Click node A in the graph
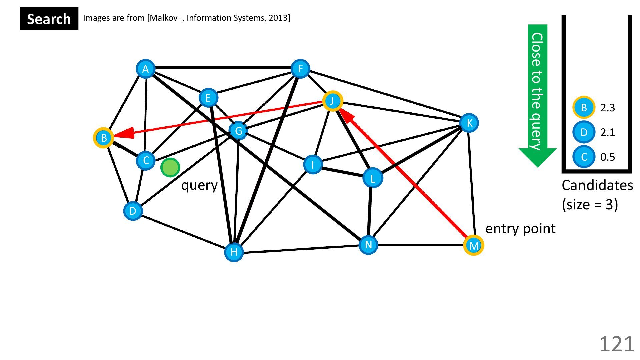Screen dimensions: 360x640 tap(145, 69)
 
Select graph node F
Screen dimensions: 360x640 tap(300, 69)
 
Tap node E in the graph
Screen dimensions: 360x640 tap(208, 98)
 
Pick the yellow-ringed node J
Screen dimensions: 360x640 tap(332, 101)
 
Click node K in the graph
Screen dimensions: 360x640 tap(469, 123)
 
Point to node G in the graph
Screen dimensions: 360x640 tap(238, 131)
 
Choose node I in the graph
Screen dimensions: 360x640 tap(313, 164)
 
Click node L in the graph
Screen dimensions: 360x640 tap(372, 178)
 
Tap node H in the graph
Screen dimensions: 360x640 tap(234, 252)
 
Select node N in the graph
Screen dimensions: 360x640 tap(368, 245)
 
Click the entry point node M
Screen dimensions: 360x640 tap(473, 246)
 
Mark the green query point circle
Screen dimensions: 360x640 tap(170, 167)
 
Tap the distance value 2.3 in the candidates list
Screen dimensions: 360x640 tap(607, 108)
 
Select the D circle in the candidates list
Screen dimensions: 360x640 tap(584, 132)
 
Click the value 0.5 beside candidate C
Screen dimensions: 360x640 tap(607, 157)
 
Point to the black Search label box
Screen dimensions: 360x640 tap(49, 19)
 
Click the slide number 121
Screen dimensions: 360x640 tap(616, 344)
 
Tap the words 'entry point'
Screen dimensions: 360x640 tap(520, 229)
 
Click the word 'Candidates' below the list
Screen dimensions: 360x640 tap(597, 185)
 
